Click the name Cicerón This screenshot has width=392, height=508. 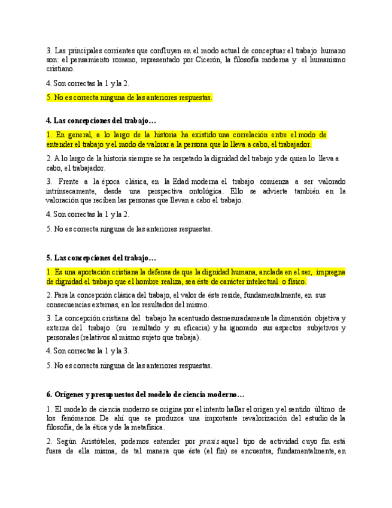pyautogui.click(x=209, y=60)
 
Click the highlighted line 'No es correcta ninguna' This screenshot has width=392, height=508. pyautogui.click(x=129, y=97)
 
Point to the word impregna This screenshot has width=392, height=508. pyautogui.click(x=330, y=272)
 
